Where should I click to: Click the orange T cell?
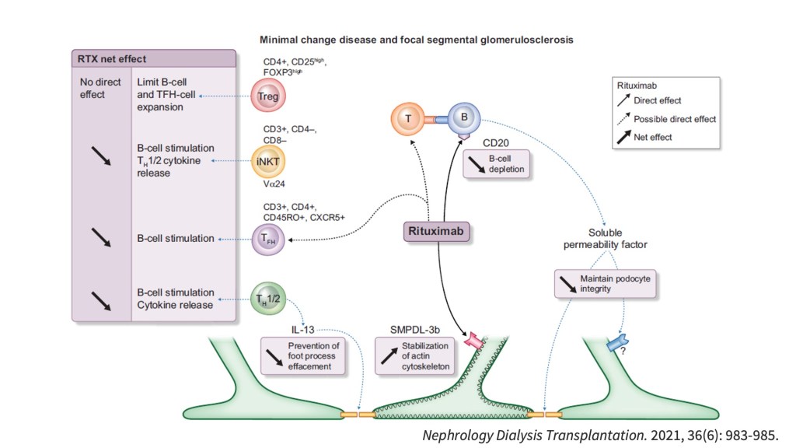pyautogui.click(x=407, y=119)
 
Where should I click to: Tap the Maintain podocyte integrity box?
pyautogui.click(x=601, y=283)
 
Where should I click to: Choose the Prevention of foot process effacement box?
pyautogui.click(x=300, y=355)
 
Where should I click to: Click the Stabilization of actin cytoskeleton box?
pyautogui.click(x=414, y=355)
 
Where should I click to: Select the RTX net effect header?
pyautogui.click(x=112, y=59)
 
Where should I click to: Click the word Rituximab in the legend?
pyautogui.click(x=637, y=86)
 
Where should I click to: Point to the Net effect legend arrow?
pyautogui.click(x=623, y=137)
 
